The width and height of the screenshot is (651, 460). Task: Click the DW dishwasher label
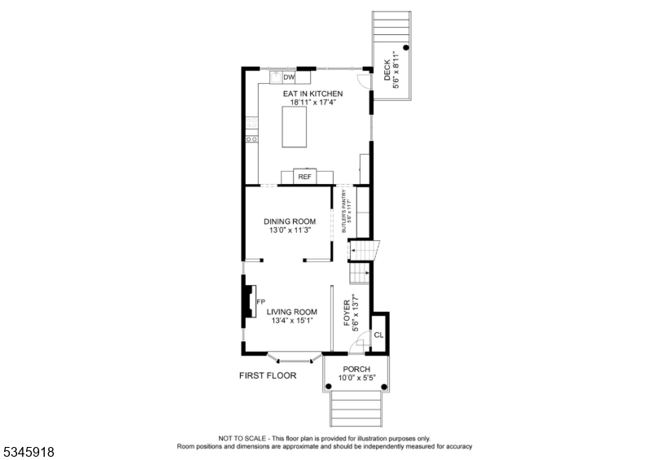(x=289, y=77)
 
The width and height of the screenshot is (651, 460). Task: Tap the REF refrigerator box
(x=304, y=177)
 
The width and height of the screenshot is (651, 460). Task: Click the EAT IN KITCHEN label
(x=312, y=94)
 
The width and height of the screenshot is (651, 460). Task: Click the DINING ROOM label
(x=290, y=221)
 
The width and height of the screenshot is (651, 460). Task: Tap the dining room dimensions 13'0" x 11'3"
(x=290, y=230)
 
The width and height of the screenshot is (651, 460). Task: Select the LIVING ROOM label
(x=292, y=312)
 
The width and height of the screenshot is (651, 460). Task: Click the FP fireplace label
(x=261, y=302)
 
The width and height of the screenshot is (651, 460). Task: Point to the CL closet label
(x=378, y=335)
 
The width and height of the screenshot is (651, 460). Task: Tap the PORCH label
(x=356, y=369)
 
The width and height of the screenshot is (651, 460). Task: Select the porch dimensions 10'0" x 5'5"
(x=356, y=378)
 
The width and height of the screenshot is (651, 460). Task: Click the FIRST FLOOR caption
(x=268, y=375)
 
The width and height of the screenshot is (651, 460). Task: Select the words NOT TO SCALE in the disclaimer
(x=238, y=438)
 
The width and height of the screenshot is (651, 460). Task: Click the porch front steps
(x=356, y=408)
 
